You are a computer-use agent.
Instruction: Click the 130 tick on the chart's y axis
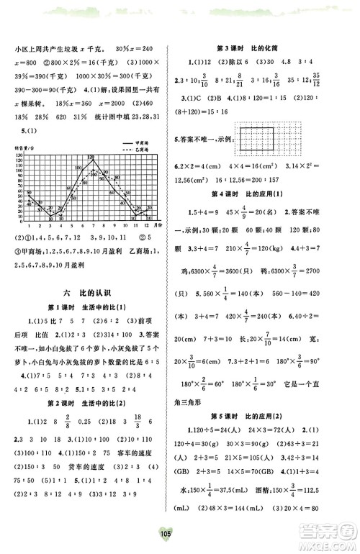click(19, 155)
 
